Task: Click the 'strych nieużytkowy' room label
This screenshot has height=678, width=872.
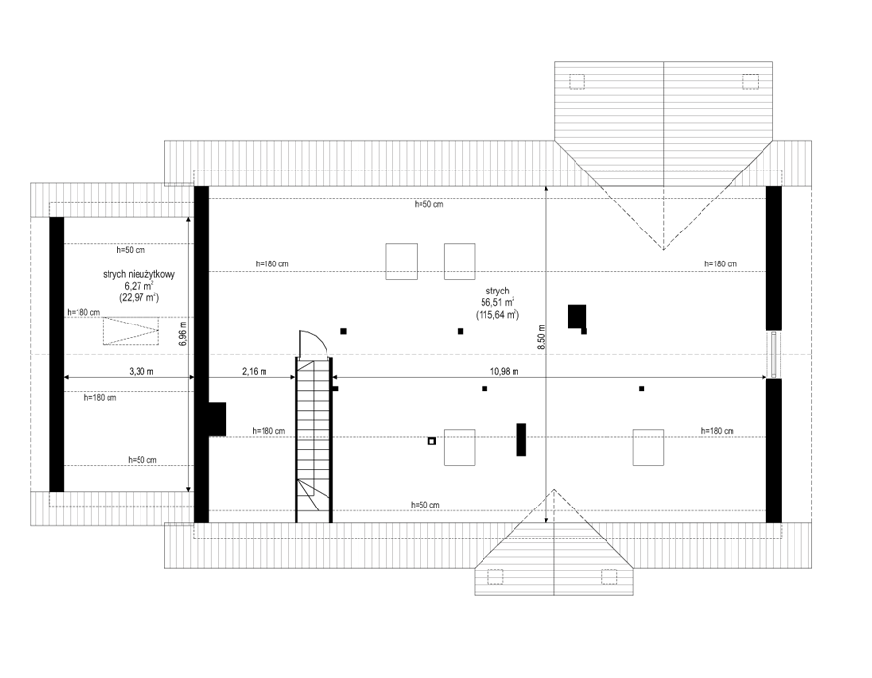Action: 139,274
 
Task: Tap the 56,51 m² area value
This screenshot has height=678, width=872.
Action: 498,303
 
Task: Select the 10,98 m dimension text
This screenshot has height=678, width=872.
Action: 505,371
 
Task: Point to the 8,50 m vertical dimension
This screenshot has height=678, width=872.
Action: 541,337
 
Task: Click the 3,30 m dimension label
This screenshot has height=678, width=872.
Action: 141,371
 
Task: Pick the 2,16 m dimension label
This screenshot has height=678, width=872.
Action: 254,371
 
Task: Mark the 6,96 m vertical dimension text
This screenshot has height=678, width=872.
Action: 183,333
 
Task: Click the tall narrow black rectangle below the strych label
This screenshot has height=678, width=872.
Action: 521,440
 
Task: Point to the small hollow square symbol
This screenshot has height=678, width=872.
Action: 431,441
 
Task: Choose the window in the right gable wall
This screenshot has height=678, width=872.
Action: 773,354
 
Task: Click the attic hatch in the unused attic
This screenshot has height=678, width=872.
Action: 131,330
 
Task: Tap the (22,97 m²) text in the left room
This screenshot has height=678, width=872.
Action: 139,298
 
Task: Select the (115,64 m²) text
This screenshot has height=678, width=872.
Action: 498,315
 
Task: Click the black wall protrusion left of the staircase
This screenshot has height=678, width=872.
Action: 217,419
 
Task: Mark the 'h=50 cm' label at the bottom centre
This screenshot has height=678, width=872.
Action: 425,505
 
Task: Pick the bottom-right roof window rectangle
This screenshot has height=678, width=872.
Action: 648,447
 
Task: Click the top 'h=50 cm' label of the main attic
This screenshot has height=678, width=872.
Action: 428,204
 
